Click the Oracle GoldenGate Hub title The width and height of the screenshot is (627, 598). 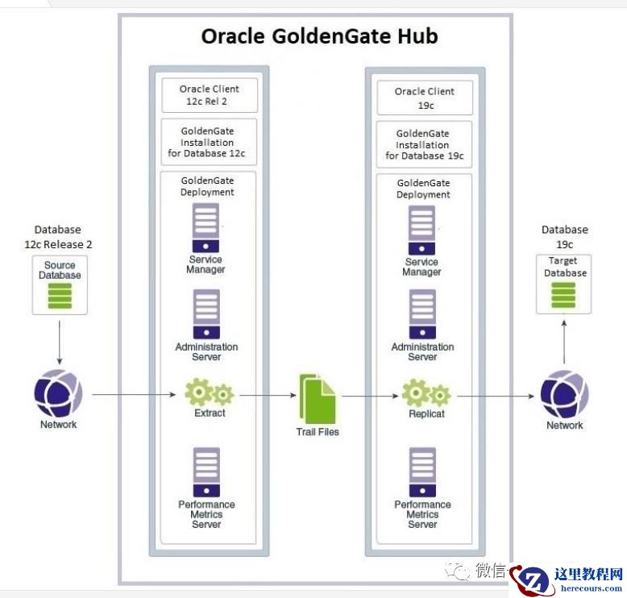pos(319,37)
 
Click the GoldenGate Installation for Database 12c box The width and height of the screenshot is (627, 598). pos(210,143)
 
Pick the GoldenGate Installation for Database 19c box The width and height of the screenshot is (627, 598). pos(425,145)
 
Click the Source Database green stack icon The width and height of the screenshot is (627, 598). pos(60,295)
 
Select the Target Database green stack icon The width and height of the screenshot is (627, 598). pos(563,294)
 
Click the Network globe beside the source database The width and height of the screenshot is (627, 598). pos(58,395)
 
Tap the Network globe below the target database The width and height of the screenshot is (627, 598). pos(564,395)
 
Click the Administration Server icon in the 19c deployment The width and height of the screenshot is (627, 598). pos(422,314)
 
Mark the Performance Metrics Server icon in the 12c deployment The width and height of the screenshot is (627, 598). pos(206,471)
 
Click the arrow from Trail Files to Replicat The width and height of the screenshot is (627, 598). pos(371,396)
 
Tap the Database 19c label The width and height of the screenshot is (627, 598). pos(564,236)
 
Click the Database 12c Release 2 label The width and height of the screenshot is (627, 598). pos(58,236)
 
